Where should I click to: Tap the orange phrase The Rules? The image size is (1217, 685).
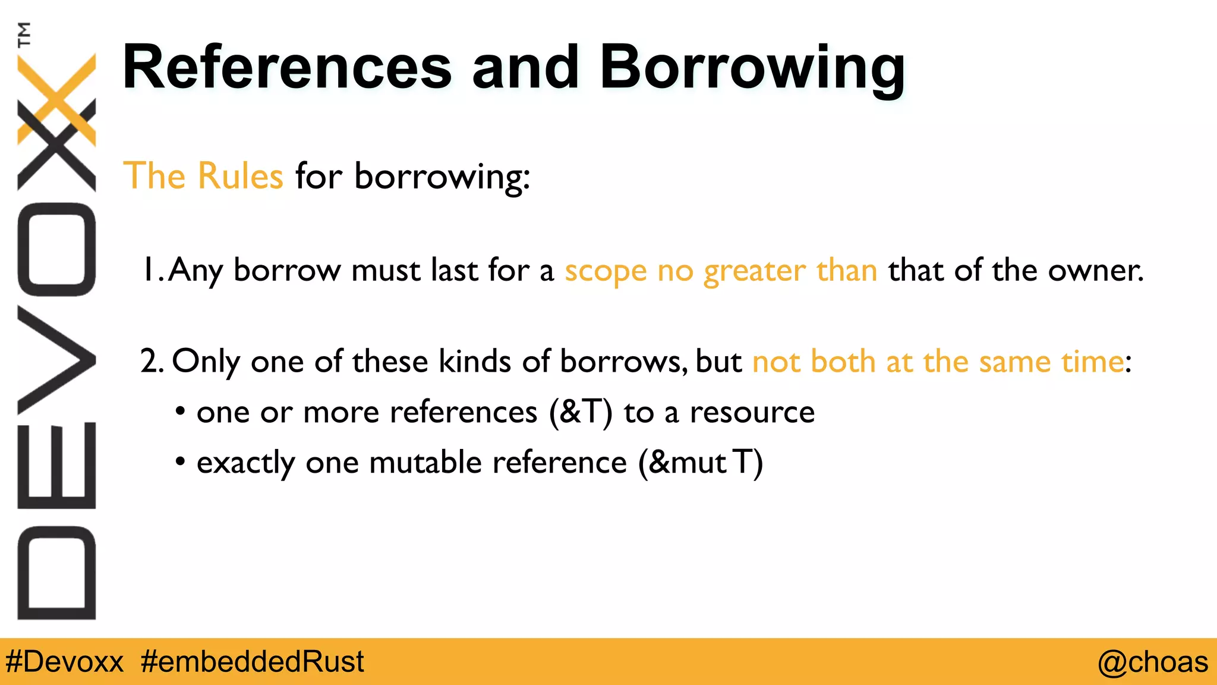click(x=203, y=176)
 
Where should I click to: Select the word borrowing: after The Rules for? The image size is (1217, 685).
click(x=442, y=177)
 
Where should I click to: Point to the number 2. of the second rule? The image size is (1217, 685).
click(x=152, y=361)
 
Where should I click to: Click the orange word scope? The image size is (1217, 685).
click(x=605, y=272)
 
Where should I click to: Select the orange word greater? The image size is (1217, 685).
click(x=754, y=272)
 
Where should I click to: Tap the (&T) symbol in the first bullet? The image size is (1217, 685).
click(x=581, y=412)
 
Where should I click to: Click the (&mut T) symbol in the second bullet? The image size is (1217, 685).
click(x=701, y=463)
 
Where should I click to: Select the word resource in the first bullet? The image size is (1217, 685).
click(x=752, y=412)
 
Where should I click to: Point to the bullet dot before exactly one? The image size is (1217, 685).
click(x=181, y=461)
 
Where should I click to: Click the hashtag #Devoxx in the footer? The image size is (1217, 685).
click(x=64, y=662)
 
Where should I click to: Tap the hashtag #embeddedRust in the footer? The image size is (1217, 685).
click(x=252, y=662)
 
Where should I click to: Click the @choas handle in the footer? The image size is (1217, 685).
click(x=1152, y=662)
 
